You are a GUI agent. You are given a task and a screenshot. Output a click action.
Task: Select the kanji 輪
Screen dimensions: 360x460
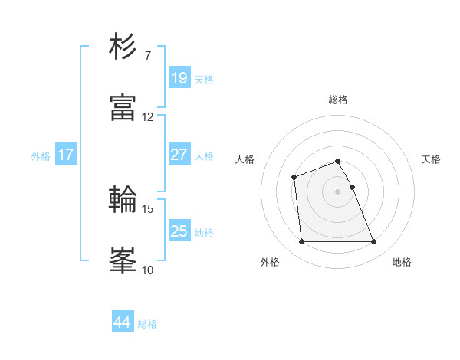[123, 199]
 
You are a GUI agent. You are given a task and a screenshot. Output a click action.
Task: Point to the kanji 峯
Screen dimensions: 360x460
[123, 260]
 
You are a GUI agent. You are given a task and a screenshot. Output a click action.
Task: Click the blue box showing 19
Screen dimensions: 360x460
[179, 78]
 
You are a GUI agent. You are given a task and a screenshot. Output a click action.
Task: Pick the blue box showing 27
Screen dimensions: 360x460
[179, 155]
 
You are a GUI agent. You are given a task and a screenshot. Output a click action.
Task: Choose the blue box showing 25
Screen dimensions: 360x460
[179, 231]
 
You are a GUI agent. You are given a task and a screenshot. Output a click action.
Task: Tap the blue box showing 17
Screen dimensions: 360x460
[66, 155]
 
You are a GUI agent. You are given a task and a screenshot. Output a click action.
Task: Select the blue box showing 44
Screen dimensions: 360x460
[122, 322]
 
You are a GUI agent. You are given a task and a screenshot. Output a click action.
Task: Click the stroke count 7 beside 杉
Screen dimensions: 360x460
[147, 56]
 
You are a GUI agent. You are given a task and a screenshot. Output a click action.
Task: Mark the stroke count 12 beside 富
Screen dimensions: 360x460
[148, 117]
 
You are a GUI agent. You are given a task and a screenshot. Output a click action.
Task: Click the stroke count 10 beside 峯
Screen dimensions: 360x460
[148, 270]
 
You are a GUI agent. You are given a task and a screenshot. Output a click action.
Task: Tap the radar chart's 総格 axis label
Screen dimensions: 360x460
[338, 100]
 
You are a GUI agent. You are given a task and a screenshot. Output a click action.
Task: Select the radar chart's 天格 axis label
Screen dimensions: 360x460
[431, 159]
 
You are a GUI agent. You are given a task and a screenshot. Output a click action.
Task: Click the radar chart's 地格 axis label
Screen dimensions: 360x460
[402, 263]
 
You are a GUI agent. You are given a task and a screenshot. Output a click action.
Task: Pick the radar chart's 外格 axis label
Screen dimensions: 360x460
[270, 263]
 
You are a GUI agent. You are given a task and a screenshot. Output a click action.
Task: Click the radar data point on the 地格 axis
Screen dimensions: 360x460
[373, 242]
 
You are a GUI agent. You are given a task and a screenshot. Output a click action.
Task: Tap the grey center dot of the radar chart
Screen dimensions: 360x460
[338, 191]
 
